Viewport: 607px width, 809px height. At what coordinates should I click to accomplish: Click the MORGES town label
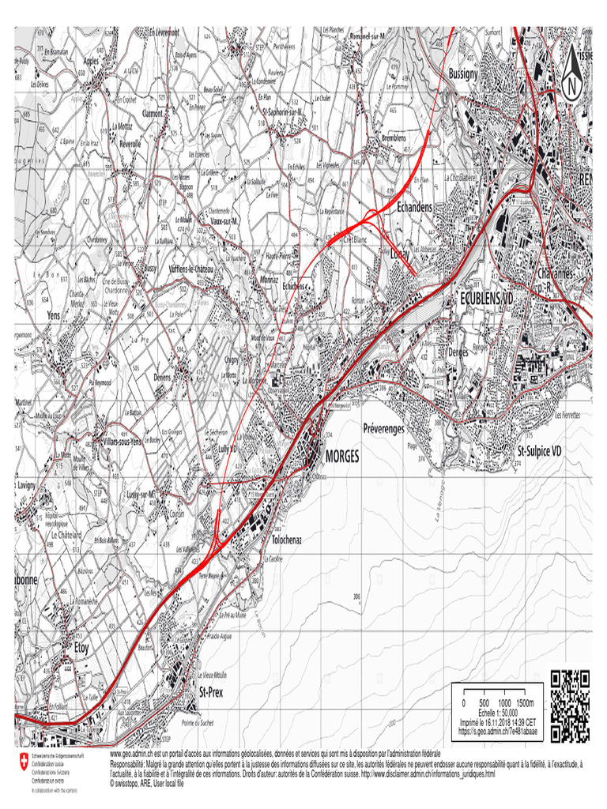pos(341,457)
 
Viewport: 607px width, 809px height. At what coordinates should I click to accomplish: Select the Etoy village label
pos(83,645)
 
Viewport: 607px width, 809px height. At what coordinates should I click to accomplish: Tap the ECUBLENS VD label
pos(486,299)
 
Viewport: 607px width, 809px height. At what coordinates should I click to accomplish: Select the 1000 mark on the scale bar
pos(504,702)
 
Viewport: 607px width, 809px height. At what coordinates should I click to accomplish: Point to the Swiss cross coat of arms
pos(21,763)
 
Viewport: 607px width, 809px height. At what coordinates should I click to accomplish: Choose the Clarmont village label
pos(152,114)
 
